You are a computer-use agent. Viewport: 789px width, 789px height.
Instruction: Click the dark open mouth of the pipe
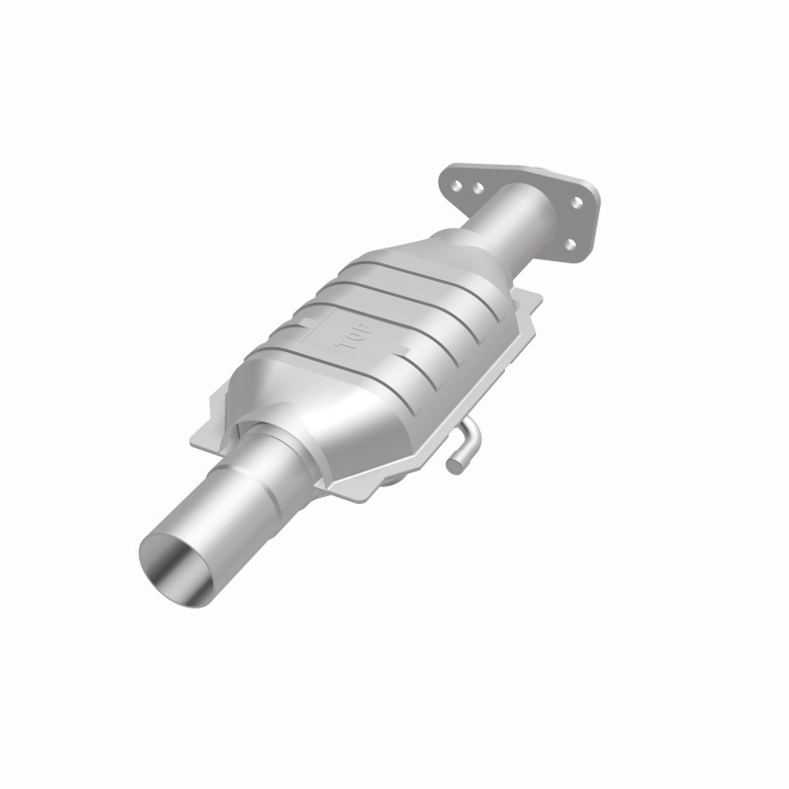178,567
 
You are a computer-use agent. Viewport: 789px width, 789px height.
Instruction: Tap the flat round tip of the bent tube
455,462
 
